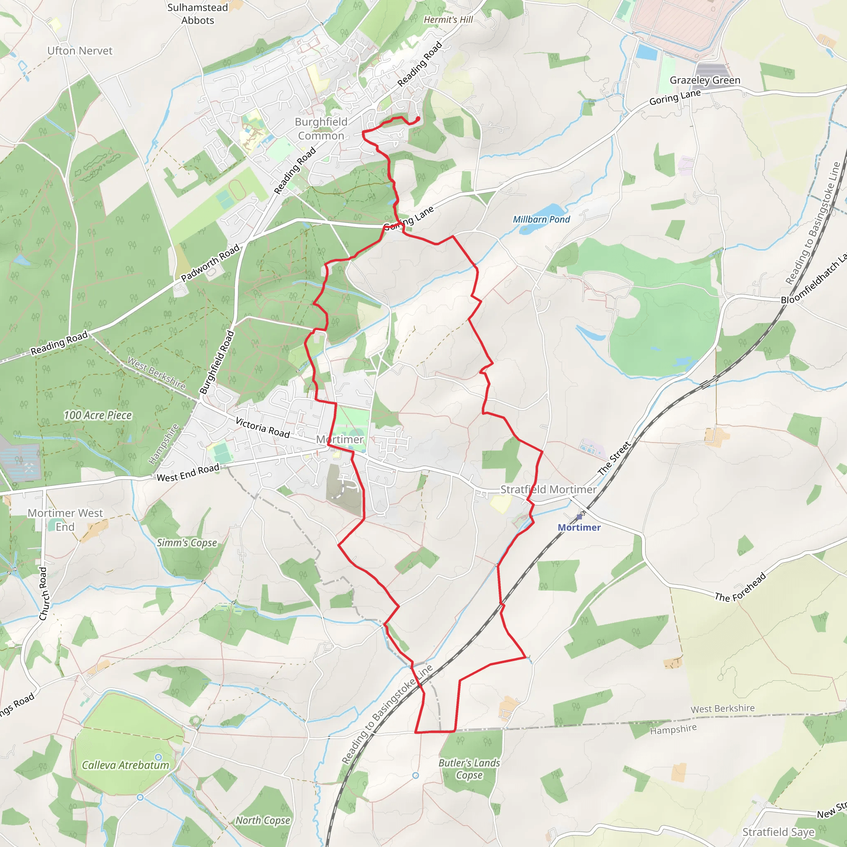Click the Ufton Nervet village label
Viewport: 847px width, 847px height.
coord(80,51)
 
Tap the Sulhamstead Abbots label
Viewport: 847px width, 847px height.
coord(198,14)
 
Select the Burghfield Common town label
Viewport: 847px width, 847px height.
coord(321,129)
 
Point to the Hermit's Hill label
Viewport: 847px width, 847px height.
coord(448,20)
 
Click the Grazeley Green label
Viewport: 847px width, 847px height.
coord(704,80)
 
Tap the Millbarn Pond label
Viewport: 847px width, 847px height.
coord(541,219)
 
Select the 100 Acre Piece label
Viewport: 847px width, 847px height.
coord(98,415)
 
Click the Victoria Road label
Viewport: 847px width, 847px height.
coord(263,428)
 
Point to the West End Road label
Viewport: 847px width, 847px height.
coord(188,473)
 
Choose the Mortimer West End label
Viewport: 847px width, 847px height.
coord(65,520)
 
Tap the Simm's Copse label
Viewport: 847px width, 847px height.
coord(187,543)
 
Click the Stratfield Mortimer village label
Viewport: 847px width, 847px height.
coord(548,489)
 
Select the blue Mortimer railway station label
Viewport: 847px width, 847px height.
coord(579,527)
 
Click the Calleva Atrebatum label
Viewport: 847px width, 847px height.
coord(125,765)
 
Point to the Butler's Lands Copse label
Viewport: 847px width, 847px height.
coord(469,768)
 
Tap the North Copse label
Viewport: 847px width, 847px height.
coord(263,820)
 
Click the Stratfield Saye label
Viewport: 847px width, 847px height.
coord(778,832)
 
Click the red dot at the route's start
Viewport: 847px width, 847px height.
coord(417,118)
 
